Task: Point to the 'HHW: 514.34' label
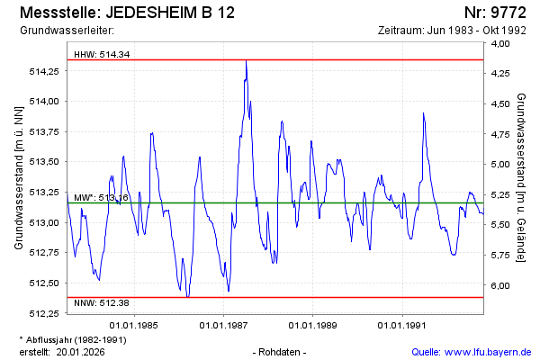[102, 54]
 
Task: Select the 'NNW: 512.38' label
[101, 302]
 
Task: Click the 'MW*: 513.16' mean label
[102, 197]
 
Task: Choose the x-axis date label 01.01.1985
[134, 324]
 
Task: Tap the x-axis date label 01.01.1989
[314, 324]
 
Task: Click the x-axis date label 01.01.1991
[403, 324]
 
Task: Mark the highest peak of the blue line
[246, 61]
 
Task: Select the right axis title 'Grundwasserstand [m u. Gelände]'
[522, 176]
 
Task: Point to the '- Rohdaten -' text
[282, 351]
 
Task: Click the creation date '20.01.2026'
[82, 351]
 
